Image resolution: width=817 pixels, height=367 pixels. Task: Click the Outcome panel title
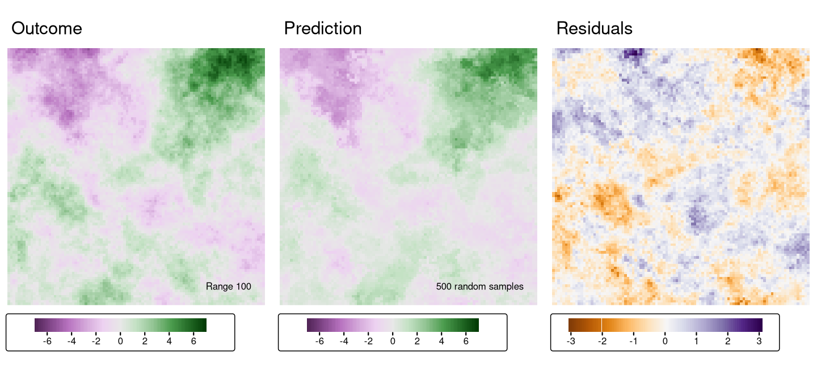(x=47, y=28)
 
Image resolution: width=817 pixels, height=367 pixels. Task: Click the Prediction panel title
(x=322, y=28)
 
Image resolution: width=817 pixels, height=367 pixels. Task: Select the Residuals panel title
(x=594, y=28)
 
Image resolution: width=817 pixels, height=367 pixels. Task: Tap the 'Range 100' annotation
(x=228, y=287)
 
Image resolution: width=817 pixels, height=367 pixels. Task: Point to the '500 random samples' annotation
(x=479, y=287)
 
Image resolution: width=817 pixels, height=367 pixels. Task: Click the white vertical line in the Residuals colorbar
(x=601, y=325)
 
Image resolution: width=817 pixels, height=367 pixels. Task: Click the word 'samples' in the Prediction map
(x=508, y=287)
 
